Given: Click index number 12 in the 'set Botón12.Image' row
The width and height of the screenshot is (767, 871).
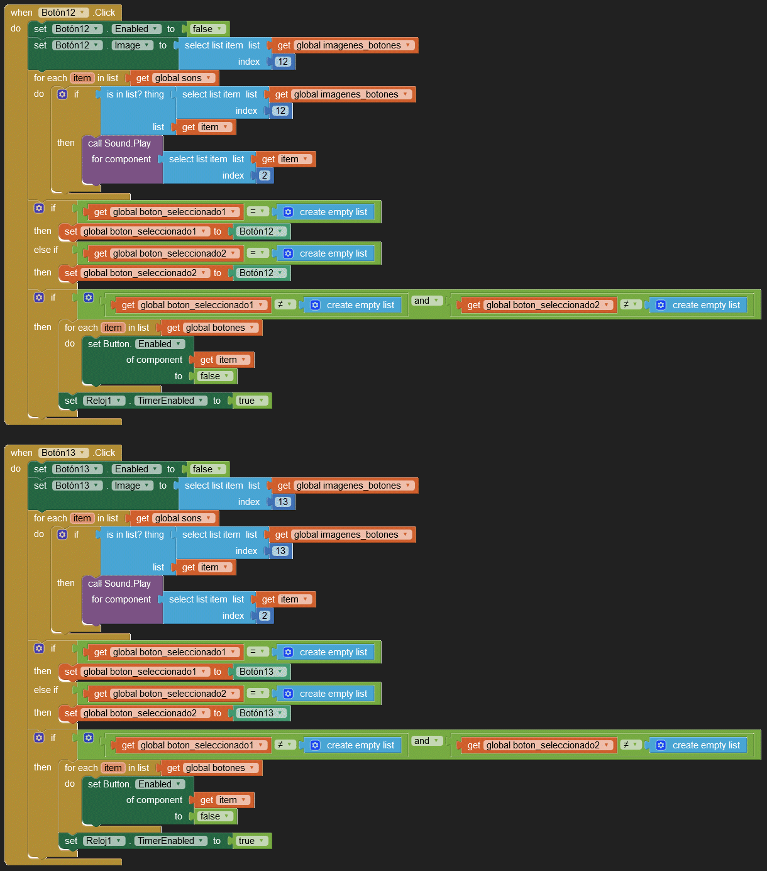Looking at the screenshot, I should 283,62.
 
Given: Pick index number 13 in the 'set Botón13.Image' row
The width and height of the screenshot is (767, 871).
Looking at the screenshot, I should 283,502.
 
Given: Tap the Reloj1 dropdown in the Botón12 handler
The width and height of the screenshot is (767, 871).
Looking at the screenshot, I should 104,401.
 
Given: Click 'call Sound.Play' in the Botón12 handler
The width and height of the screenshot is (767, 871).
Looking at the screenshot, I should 119,143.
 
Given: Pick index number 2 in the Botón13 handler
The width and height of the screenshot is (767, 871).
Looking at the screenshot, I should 265,616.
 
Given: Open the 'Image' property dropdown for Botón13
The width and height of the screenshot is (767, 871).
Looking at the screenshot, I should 132,485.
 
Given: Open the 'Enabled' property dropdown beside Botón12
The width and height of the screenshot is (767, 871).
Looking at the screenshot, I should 136,29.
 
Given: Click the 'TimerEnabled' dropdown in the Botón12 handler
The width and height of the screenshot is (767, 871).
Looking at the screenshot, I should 170,401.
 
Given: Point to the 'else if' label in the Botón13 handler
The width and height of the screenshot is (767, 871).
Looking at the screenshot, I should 46,690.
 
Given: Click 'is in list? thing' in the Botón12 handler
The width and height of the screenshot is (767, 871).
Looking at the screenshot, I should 135,94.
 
